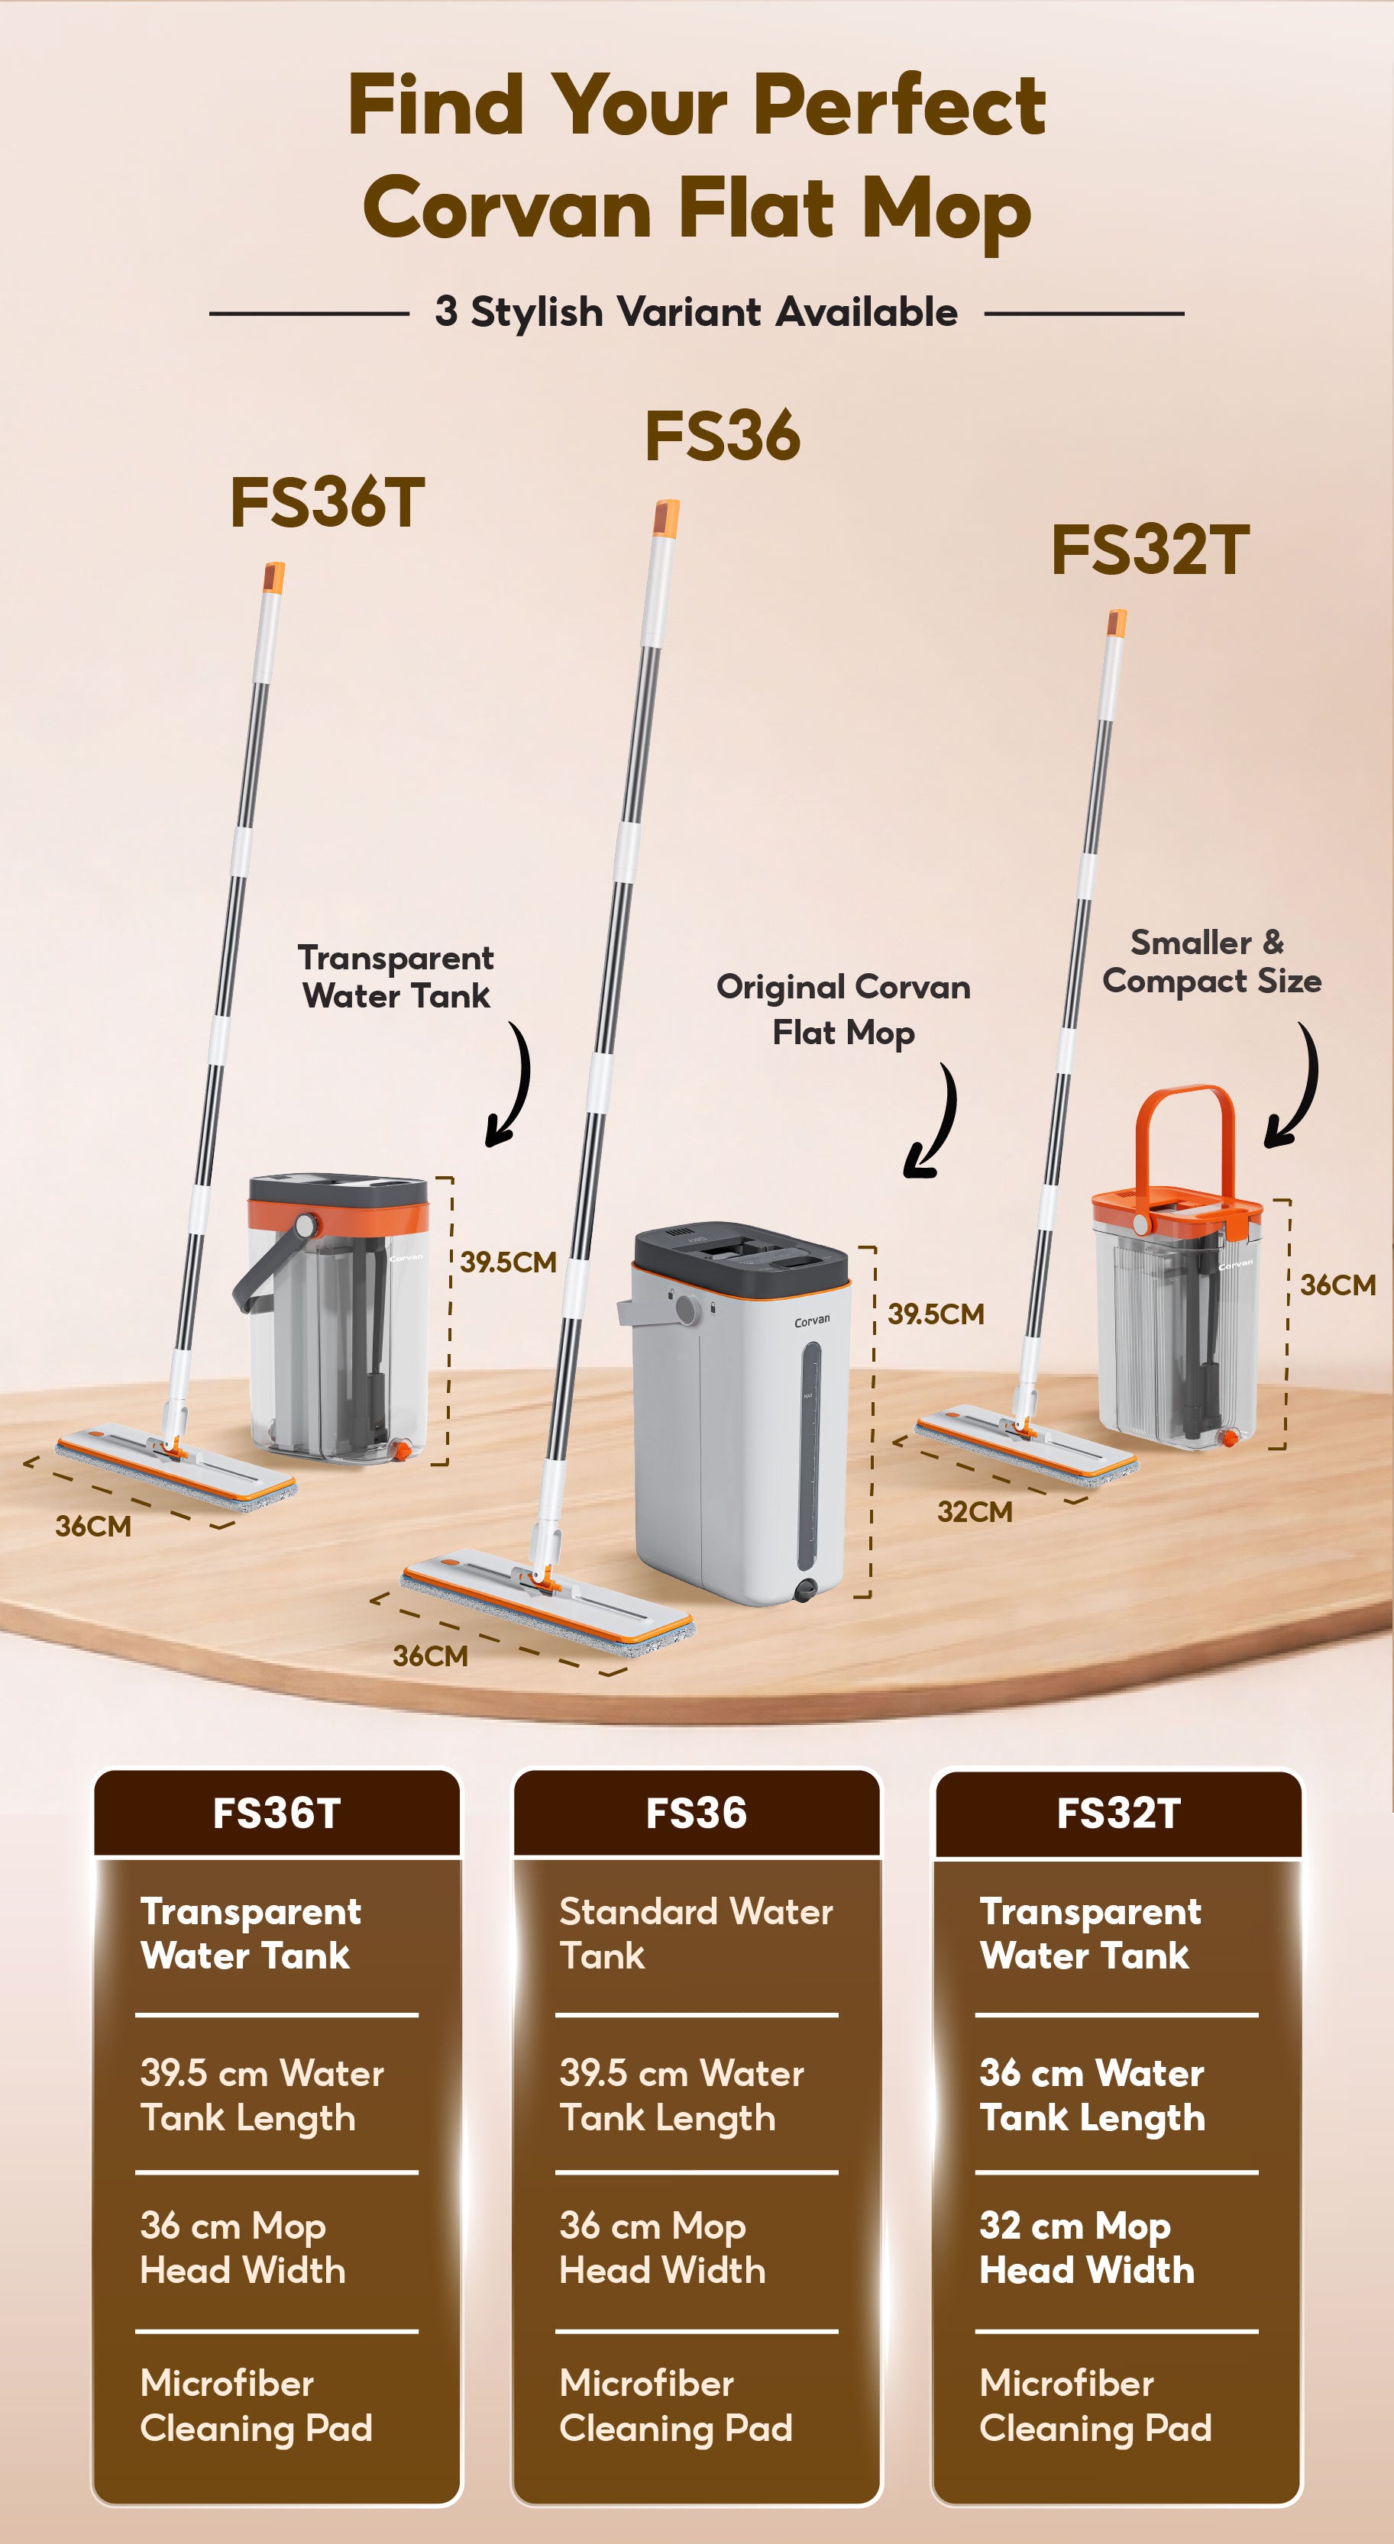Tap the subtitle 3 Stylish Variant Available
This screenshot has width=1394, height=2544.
[x=696, y=312]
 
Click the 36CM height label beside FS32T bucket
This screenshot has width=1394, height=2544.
[x=1337, y=1285]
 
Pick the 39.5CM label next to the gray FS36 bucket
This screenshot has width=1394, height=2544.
[x=935, y=1314]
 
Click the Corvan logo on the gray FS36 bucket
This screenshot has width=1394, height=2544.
[x=812, y=1321]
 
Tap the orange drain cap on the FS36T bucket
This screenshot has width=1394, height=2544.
[x=402, y=1449]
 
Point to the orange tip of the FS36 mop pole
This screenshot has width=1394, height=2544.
[x=666, y=518]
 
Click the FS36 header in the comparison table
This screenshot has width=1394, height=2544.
[x=696, y=1814]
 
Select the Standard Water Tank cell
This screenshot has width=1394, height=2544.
[x=696, y=1933]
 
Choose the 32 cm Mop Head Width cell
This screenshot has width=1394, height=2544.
[x=1087, y=2247]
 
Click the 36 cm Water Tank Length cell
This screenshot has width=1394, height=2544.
[x=1092, y=2094]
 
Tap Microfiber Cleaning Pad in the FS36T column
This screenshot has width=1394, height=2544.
[x=256, y=2405]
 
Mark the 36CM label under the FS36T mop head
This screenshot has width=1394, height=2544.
[x=93, y=1527]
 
